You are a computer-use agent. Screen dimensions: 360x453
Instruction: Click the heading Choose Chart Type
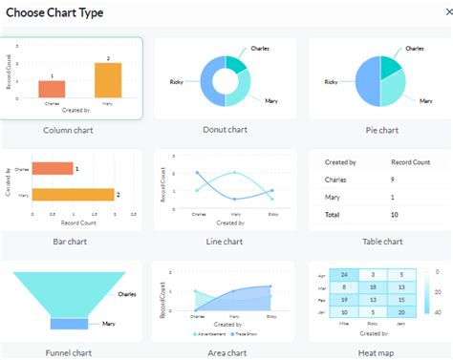coord(54,12)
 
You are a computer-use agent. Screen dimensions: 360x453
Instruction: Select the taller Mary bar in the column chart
coord(108,80)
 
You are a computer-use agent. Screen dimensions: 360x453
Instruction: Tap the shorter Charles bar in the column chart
coord(52,89)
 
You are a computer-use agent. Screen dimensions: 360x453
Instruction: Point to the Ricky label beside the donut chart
coord(176,82)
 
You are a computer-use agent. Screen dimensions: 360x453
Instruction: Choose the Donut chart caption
coord(226,130)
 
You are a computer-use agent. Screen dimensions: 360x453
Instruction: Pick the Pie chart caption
coord(380,130)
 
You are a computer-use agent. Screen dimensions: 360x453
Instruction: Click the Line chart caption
coord(226,242)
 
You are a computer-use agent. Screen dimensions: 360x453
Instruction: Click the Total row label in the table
coord(334,215)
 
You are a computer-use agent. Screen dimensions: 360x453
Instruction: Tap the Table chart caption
coord(380,242)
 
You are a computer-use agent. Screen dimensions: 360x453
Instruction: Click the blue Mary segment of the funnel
coord(70,324)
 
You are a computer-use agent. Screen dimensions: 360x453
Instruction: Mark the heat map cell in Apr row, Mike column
coord(347,275)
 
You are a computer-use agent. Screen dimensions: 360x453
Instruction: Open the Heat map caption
coord(380,352)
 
